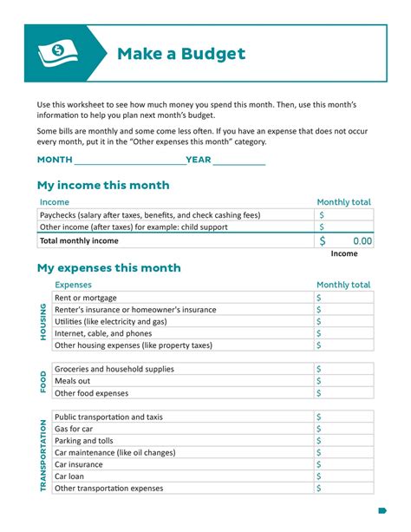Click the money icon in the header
[56, 54]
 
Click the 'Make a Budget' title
[181, 54]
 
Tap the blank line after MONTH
[129, 161]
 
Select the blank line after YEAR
[238, 161]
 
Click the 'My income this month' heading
[103, 186]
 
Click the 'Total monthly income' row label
[80, 241]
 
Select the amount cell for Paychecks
[344, 214]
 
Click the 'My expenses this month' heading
[108, 268]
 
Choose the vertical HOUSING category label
[43, 322]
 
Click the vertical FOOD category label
[43, 382]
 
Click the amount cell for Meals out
[344, 381]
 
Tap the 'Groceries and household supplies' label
[114, 369]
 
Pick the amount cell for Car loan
[344, 476]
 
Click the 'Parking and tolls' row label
[84, 441]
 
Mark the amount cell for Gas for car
[344, 429]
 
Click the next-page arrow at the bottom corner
[382, 510]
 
